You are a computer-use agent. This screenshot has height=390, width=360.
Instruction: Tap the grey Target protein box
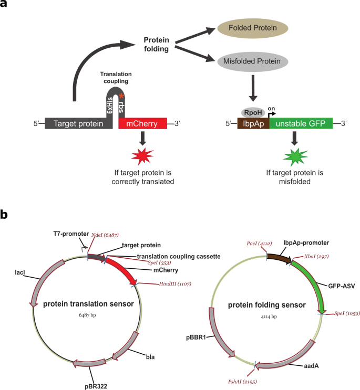(x=78, y=124)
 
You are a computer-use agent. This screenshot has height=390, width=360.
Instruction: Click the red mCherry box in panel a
(x=142, y=124)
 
